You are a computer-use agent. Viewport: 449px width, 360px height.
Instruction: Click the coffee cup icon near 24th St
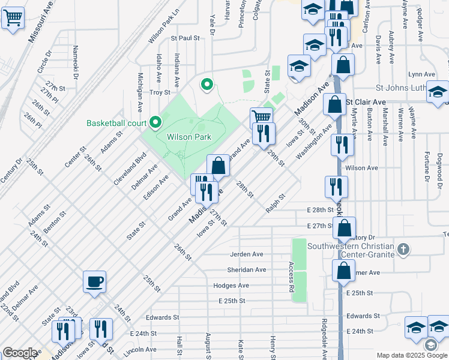coord(95,281)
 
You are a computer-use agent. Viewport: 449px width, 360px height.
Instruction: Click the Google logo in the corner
coord(20,352)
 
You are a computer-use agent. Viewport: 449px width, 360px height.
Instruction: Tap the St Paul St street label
coord(185,38)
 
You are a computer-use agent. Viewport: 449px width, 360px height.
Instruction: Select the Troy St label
coord(160,92)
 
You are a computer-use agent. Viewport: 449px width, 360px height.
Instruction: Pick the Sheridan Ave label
coord(247,270)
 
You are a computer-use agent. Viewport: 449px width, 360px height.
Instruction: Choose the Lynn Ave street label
coord(421,74)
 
